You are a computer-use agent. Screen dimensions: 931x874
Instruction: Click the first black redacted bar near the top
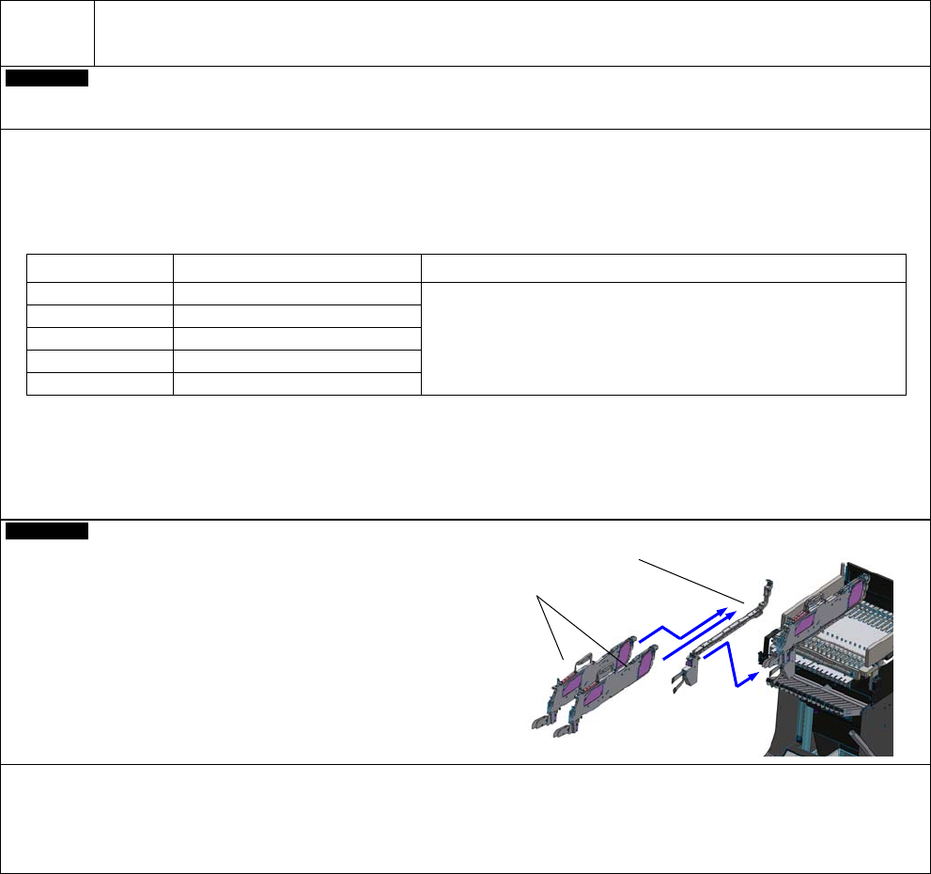click(47, 78)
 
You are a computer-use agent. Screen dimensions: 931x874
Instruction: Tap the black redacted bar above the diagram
click(47, 533)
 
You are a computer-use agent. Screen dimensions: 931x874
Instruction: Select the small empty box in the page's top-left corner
click(48, 33)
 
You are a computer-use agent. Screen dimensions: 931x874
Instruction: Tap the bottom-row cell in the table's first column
click(100, 383)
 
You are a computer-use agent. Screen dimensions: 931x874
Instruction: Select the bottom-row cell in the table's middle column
click(297, 383)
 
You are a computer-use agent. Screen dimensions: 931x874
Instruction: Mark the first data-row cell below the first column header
click(100, 293)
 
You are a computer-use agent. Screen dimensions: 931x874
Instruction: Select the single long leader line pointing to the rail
click(690, 579)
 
